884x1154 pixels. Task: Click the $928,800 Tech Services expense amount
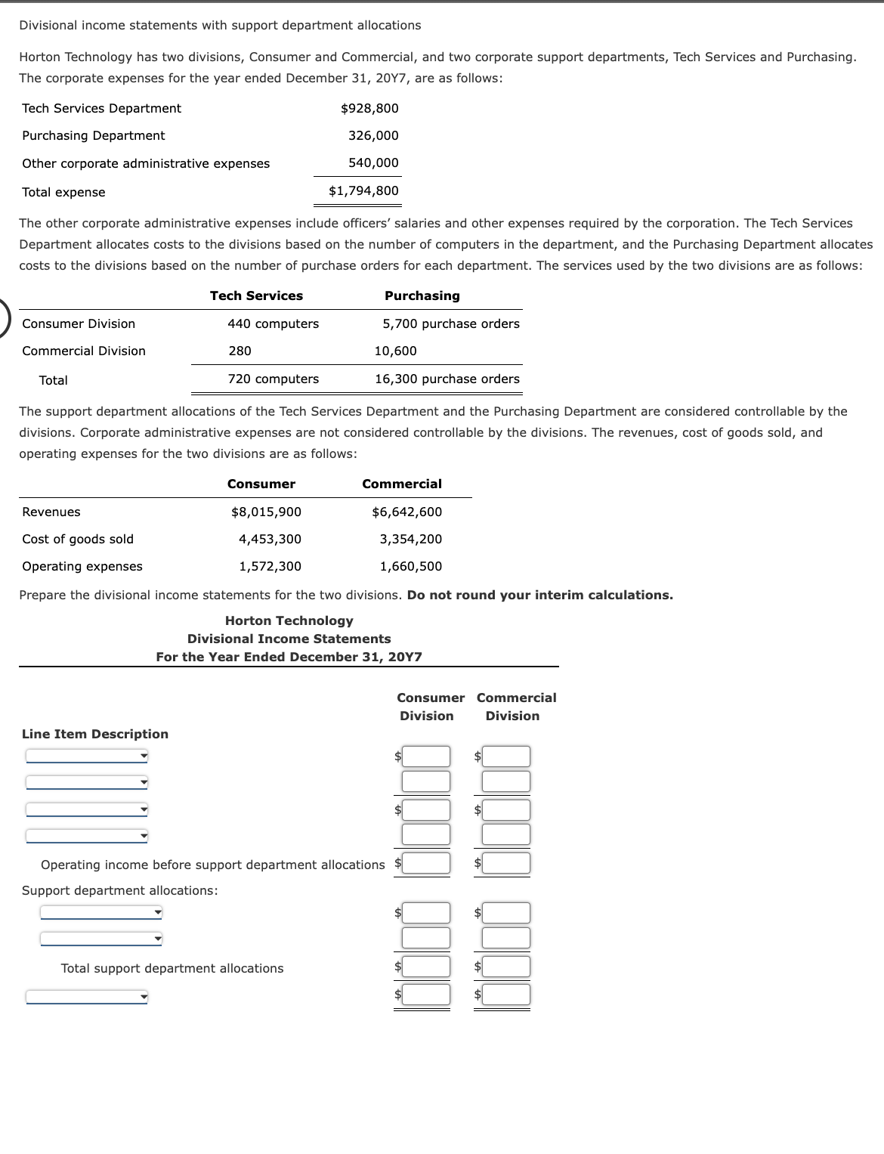click(x=369, y=108)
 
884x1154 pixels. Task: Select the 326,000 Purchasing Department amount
click(x=373, y=135)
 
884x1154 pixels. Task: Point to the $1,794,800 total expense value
click(x=363, y=190)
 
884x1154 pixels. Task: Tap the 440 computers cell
click(x=273, y=323)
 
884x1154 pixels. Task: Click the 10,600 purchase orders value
click(x=395, y=351)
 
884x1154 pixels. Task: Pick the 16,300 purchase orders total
click(x=447, y=379)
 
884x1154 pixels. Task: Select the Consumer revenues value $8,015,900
click(x=266, y=512)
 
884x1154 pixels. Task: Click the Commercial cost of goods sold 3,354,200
click(x=410, y=539)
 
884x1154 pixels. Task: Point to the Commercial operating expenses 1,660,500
click(x=410, y=566)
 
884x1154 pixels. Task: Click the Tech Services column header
click(x=256, y=295)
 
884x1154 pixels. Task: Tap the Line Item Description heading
click(x=95, y=734)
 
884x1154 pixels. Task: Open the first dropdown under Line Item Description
click(x=87, y=756)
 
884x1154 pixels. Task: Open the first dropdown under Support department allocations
click(x=101, y=912)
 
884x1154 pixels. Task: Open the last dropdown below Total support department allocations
click(x=87, y=997)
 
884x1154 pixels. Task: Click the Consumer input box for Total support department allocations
click(x=426, y=967)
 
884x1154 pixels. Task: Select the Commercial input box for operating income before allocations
click(x=506, y=863)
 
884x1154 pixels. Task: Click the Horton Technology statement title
click(x=289, y=620)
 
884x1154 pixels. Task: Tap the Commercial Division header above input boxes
click(x=516, y=707)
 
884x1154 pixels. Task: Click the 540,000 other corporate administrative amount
click(x=373, y=162)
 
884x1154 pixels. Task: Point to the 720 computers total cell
click(x=273, y=379)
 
